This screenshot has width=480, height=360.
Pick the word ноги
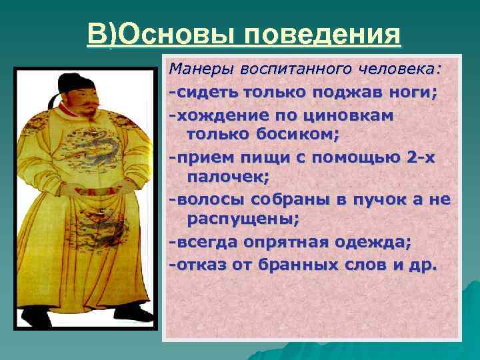(x=414, y=92)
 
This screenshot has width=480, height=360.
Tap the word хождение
(x=215, y=115)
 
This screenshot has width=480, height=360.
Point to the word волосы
(x=209, y=199)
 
